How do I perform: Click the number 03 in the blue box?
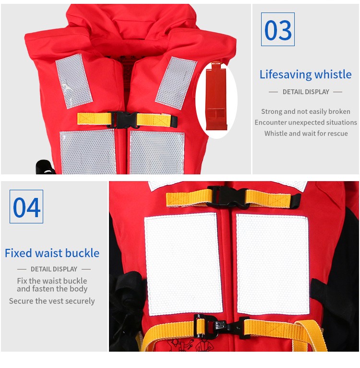(x=278, y=30)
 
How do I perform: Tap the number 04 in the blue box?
(x=26, y=207)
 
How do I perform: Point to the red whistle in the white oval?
(x=216, y=96)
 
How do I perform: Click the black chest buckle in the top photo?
(x=122, y=120)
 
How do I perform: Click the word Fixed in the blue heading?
(x=18, y=253)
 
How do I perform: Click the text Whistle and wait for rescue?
(x=306, y=133)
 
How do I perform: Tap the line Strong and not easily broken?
(x=306, y=111)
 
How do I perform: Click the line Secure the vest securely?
(x=52, y=301)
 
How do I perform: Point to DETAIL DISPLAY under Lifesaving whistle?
(x=306, y=92)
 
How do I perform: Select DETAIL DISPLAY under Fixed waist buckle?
(x=54, y=269)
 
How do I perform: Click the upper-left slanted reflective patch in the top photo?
(x=74, y=81)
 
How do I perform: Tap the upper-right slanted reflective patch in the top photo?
(x=176, y=83)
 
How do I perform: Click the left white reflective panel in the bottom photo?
(x=183, y=264)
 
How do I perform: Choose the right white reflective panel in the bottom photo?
(x=273, y=264)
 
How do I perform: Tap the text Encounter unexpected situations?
(x=306, y=123)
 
